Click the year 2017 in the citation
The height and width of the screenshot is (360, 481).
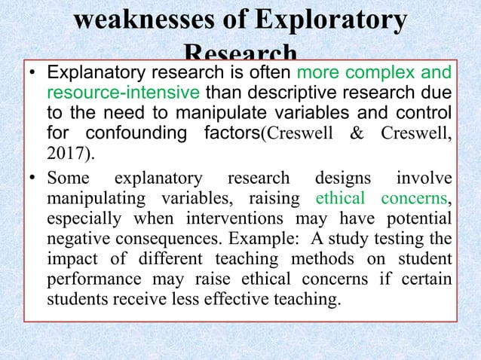[x=63, y=155]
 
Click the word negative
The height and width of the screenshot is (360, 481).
[x=74, y=239]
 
